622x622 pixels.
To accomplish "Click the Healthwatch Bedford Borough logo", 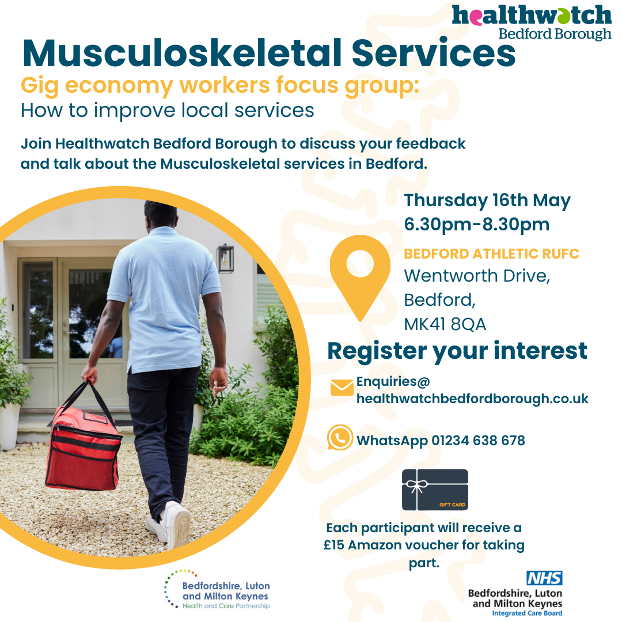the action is click(x=532, y=22).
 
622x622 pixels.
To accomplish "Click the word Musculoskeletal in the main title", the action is click(x=182, y=53).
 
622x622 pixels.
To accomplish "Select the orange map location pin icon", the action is click(x=360, y=278).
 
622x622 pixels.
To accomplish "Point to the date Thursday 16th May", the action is click(x=487, y=201).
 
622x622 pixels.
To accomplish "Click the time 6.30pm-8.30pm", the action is click(x=477, y=225).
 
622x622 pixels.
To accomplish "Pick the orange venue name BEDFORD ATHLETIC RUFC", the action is click(x=491, y=254).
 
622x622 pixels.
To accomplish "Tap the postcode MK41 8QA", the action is click(x=445, y=324).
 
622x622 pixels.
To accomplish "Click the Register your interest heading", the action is click(x=457, y=351).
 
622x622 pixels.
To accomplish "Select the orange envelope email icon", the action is click(x=342, y=388).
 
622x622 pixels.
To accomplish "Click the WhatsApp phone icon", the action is click(x=340, y=438).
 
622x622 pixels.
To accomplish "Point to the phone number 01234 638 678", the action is click(x=478, y=441).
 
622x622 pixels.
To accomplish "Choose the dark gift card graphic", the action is click(x=435, y=490).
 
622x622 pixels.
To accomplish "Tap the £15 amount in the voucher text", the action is click(x=334, y=545).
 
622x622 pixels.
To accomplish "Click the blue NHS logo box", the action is click(x=544, y=578).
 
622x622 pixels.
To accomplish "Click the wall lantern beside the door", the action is click(x=225, y=259).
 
